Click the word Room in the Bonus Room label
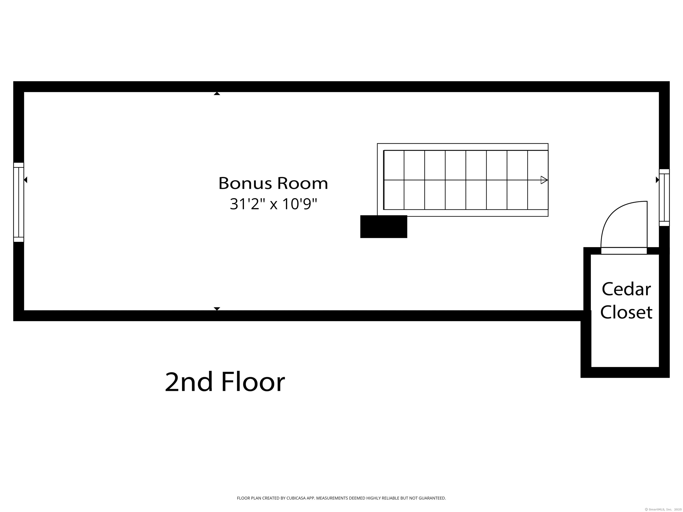(302, 183)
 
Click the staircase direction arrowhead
(544, 180)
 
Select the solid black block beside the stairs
(384, 227)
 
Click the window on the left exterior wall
(19, 202)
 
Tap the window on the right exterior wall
(664, 198)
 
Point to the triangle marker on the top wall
(217, 94)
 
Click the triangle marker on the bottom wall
(217, 309)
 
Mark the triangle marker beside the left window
(26, 180)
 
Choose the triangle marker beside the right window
(657, 180)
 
